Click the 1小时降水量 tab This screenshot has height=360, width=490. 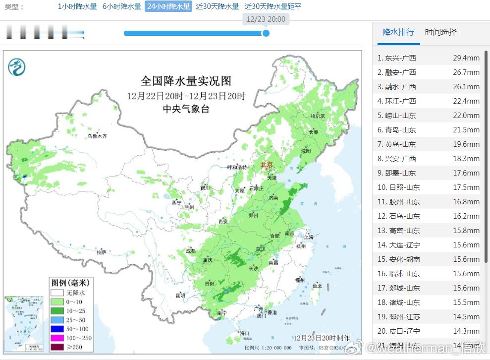point(77,6)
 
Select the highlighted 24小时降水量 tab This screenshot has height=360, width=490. point(168,6)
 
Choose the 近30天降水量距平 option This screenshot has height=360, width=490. point(273,6)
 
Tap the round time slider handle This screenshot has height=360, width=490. point(266,33)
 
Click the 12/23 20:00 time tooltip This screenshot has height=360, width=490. point(266,19)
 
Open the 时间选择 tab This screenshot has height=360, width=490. point(440,32)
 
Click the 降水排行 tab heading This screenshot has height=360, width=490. point(398,32)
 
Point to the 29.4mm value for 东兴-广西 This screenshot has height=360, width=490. point(466,58)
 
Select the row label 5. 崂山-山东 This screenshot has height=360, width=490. point(396,116)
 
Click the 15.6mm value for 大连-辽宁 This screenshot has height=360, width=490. point(466,245)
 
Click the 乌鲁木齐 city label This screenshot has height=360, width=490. point(97,135)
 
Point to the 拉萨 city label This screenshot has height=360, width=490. point(101,252)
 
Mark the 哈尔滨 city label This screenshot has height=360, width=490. point(318,116)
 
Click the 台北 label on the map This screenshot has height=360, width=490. point(317,286)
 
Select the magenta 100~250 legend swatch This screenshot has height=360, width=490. point(57,338)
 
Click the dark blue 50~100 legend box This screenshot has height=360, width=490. point(57,329)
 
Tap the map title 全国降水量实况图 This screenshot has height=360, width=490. point(186,81)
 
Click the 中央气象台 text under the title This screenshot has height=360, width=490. point(186,109)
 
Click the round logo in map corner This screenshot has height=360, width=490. point(17,66)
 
